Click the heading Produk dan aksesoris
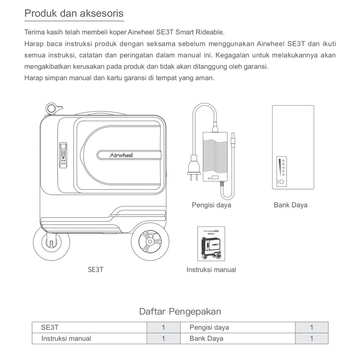74,13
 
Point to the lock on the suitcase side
63,155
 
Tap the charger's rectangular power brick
215,157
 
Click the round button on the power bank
282,182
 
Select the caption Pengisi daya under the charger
211,205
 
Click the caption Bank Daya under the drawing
290,205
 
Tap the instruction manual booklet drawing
211,244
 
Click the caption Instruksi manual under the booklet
211,270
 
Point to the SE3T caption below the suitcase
96,270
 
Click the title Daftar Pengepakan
180,311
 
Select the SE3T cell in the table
50,327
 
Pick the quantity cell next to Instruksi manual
163,339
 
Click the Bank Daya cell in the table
206,339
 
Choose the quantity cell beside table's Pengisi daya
311,327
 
